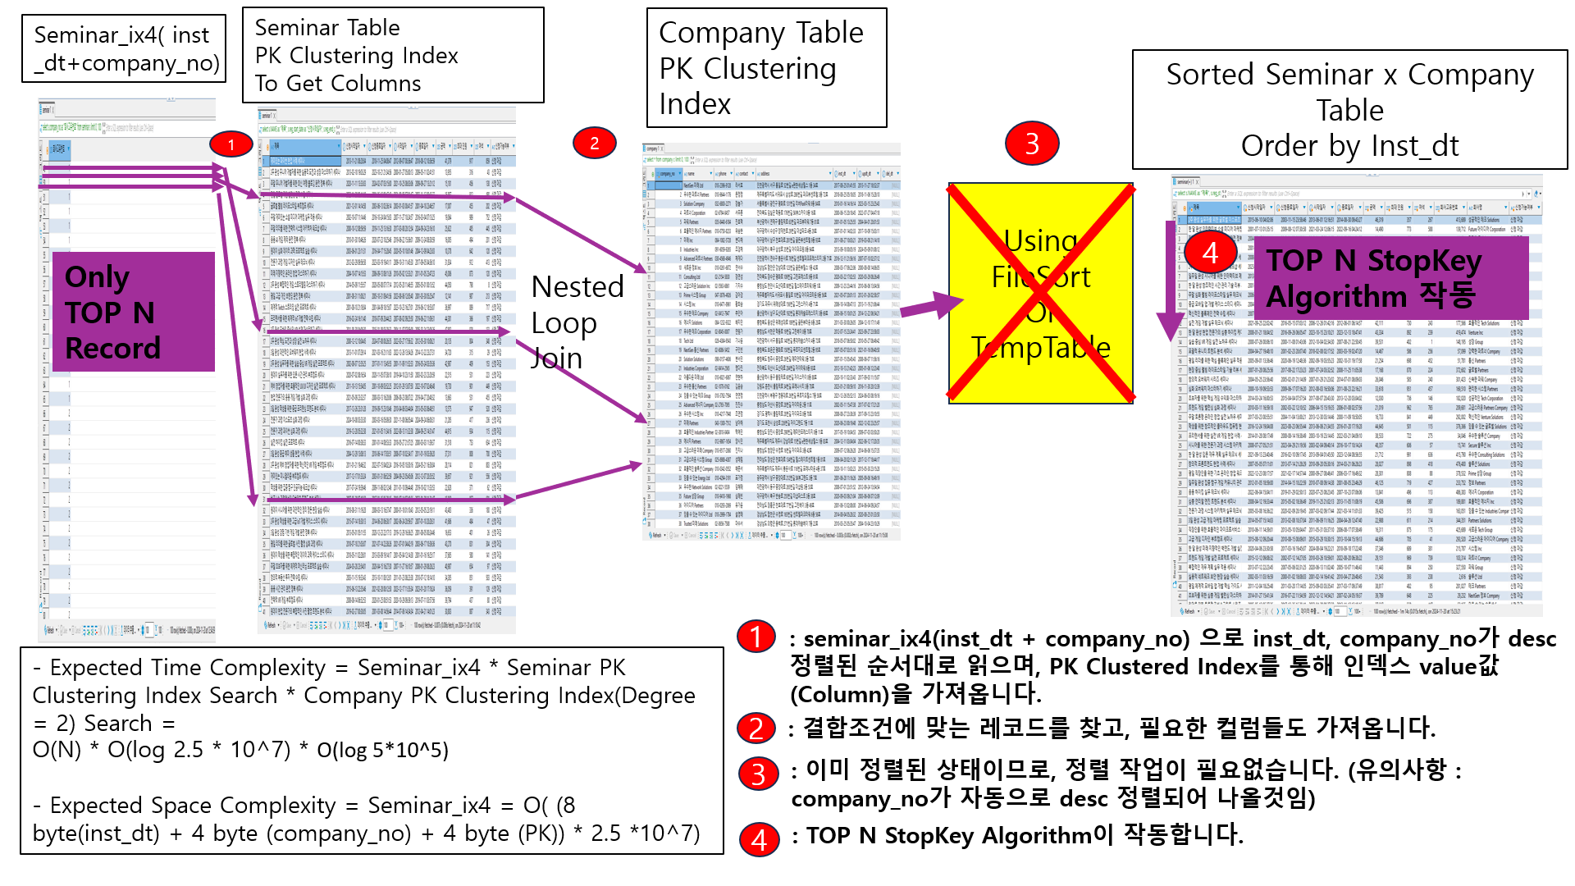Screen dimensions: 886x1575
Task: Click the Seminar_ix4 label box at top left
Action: click(x=124, y=48)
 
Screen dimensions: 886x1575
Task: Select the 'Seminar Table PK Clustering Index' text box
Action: click(x=393, y=55)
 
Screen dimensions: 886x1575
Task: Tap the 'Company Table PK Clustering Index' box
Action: click(x=766, y=68)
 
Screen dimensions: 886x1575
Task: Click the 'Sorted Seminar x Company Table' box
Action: click(x=1349, y=110)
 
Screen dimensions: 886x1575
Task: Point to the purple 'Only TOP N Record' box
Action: click(x=133, y=312)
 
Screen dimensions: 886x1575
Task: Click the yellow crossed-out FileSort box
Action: click(x=1041, y=294)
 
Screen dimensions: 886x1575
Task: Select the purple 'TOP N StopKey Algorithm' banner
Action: click(x=1391, y=278)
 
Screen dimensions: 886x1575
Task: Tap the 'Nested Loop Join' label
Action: click(x=577, y=322)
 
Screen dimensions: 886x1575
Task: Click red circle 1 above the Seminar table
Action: click(x=231, y=144)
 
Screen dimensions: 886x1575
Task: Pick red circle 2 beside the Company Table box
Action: click(x=594, y=143)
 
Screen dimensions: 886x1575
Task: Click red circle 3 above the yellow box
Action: click(x=1031, y=143)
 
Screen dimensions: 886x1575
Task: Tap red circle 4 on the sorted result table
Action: click(x=1210, y=252)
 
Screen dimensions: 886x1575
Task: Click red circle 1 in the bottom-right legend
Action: click(x=756, y=637)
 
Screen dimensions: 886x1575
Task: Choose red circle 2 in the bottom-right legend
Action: click(x=756, y=728)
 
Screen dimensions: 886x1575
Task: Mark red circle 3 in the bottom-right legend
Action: click(x=758, y=773)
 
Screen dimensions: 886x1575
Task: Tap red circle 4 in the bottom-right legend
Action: click(x=759, y=838)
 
